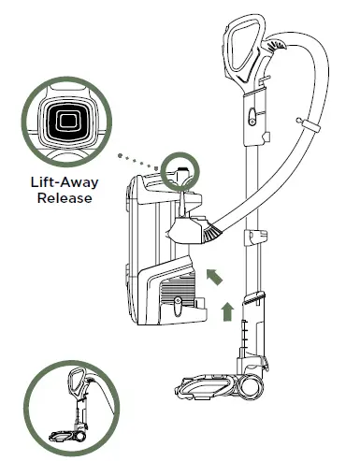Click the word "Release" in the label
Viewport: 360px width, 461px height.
click(x=62, y=199)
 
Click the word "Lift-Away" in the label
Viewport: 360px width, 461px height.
click(x=62, y=183)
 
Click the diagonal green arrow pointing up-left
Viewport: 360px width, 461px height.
click(x=214, y=275)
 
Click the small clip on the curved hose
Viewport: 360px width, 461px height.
click(x=300, y=121)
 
